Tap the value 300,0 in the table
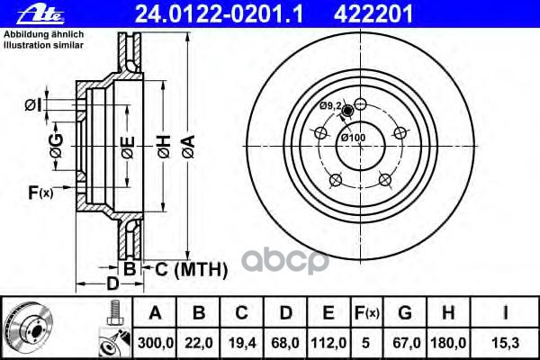click(154, 343)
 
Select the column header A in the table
click(154, 314)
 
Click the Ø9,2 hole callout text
click(331, 106)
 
